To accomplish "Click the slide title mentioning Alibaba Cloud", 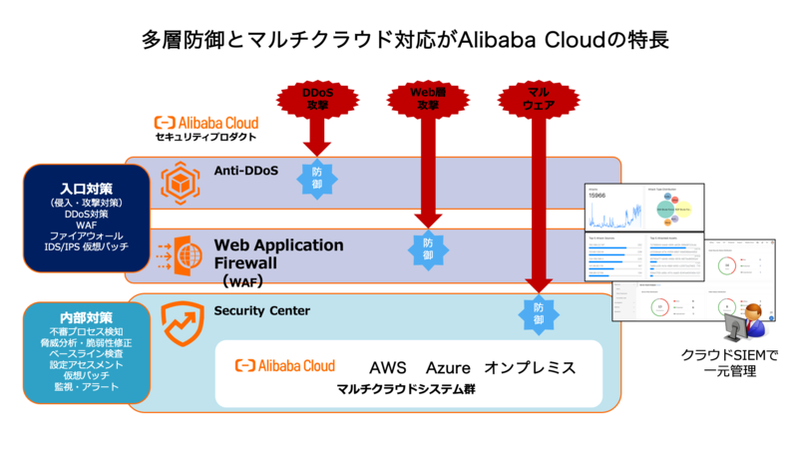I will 399,40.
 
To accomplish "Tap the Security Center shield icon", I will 182,322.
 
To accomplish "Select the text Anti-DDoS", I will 245,171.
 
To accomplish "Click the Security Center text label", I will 262,310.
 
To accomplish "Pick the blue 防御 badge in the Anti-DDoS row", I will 317,177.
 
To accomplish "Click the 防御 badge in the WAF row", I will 428,249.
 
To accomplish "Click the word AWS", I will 388,367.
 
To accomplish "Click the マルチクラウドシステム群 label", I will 404,389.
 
